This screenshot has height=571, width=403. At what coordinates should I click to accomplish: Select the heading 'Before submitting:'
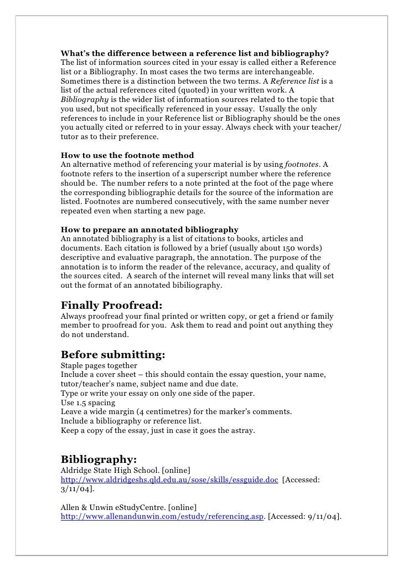113,354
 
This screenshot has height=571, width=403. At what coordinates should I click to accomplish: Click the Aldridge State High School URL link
169,480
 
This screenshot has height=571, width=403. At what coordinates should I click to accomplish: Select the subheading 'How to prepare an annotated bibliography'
149,229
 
